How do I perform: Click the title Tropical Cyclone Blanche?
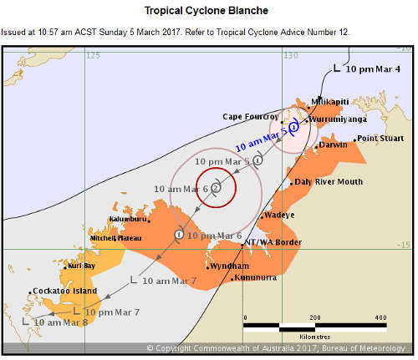207,10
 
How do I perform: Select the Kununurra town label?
254,276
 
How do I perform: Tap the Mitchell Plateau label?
115,238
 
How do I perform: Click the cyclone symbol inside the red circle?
216,187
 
